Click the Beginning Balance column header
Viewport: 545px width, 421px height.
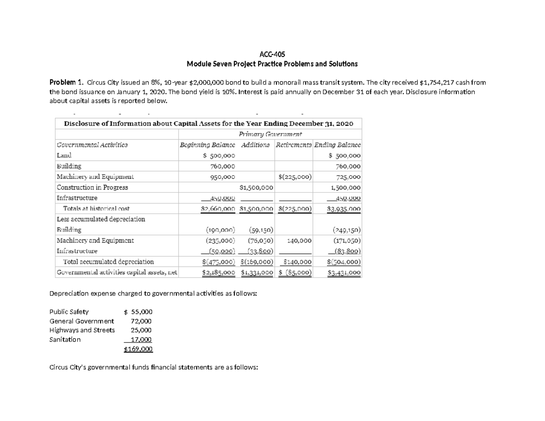[x=208, y=145]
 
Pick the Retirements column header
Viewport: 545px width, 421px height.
[x=294, y=145]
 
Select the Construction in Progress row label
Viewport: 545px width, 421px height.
[x=92, y=187]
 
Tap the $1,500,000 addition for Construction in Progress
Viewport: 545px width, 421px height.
[x=256, y=187]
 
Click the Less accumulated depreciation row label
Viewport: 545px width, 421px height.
[x=100, y=219]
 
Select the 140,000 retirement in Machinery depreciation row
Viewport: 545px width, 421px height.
[x=299, y=240]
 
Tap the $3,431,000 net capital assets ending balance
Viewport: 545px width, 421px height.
[x=344, y=272]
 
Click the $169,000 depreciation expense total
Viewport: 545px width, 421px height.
[x=138, y=349]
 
